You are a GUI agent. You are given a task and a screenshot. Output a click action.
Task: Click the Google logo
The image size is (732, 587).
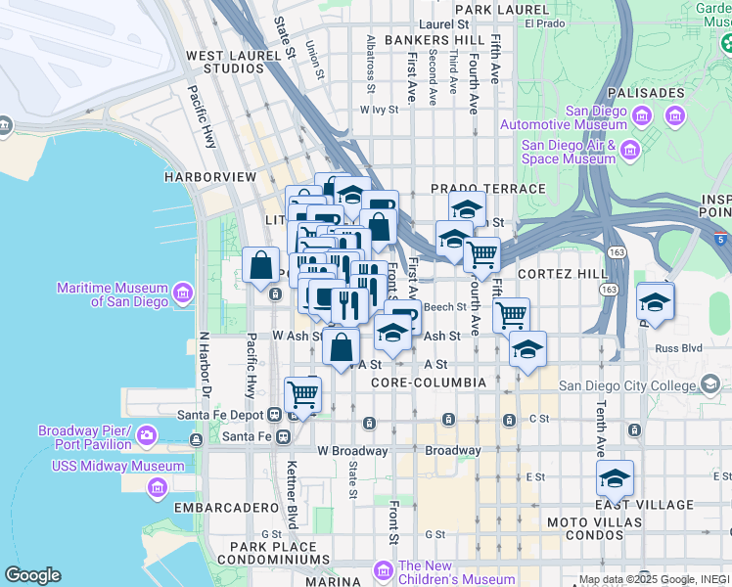click(x=32, y=575)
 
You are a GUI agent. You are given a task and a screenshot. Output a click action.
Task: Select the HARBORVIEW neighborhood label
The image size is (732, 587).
click(x=210, y=177)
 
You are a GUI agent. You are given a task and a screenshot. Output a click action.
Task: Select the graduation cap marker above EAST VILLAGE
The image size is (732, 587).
click(x=615, y=478)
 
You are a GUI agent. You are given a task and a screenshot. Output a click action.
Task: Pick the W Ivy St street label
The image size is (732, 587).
click(x=380, y=111)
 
